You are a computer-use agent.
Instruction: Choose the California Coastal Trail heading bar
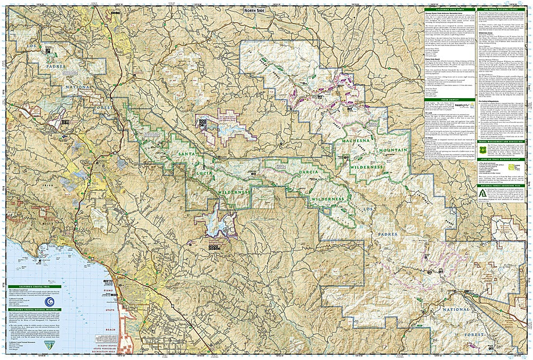35,286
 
